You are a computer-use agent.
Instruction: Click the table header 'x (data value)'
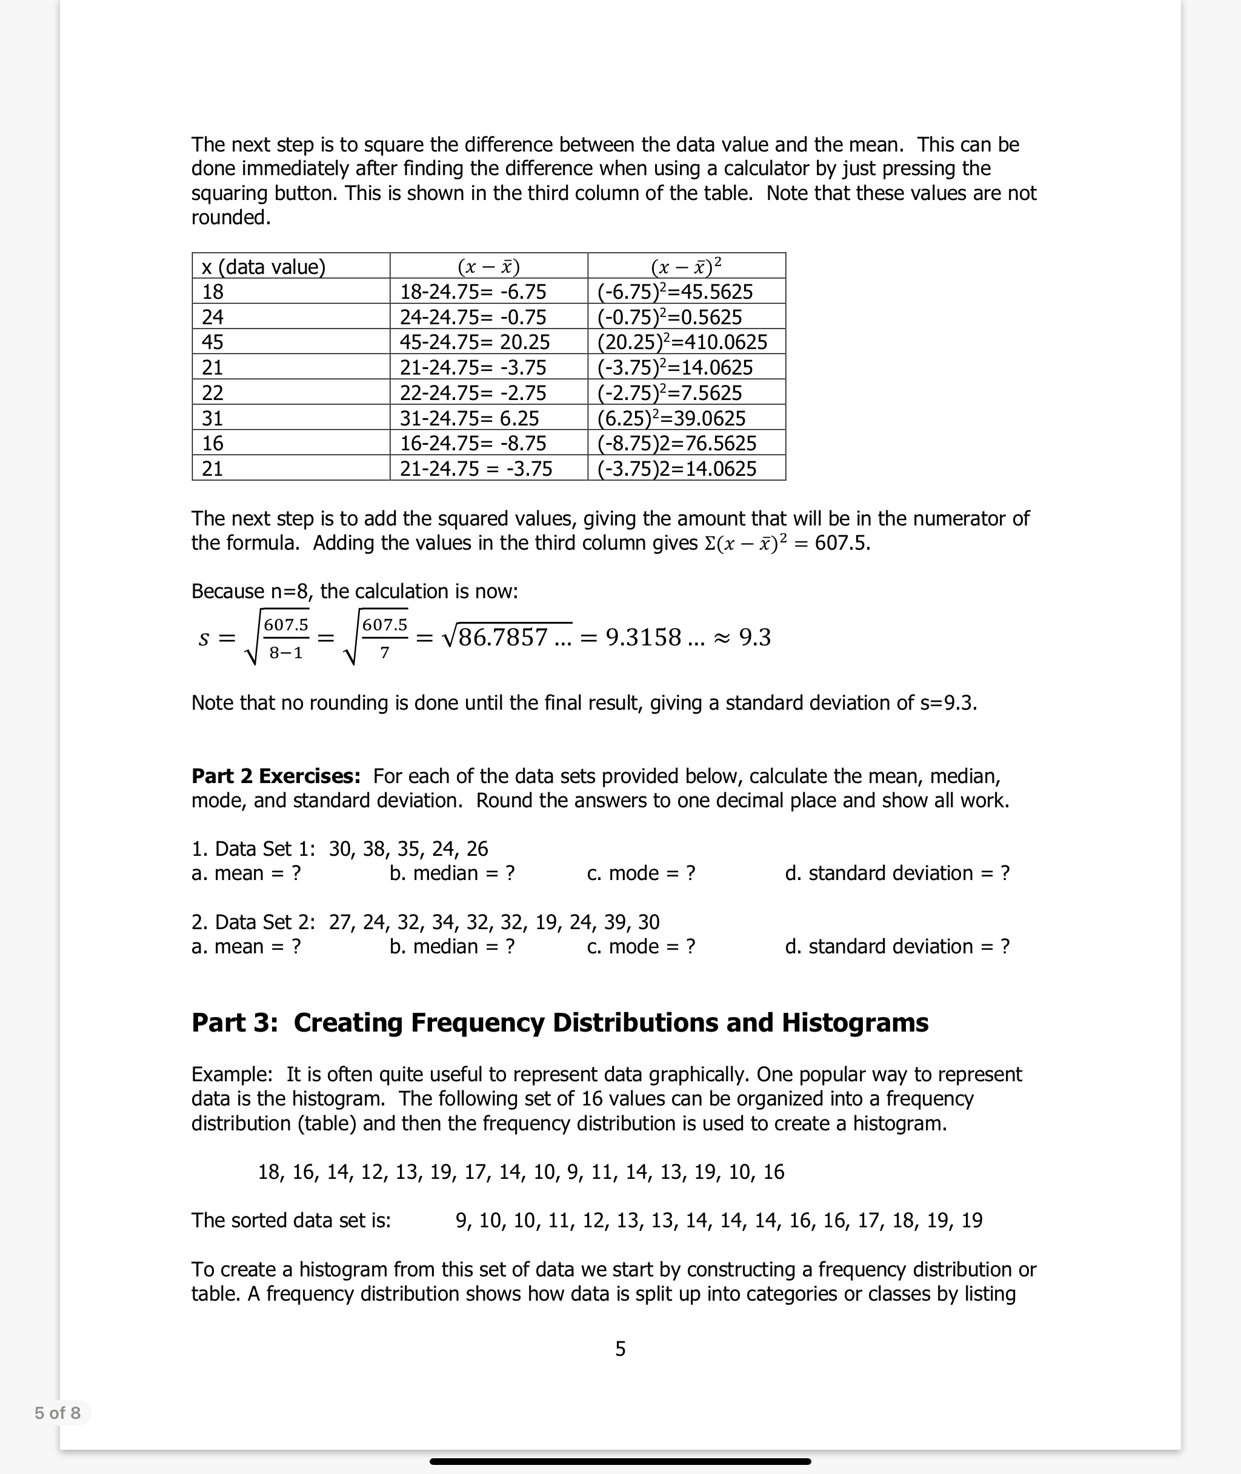(263, 267)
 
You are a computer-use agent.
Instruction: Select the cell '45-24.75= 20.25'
(475, 342)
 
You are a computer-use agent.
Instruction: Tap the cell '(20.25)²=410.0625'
(682, 342)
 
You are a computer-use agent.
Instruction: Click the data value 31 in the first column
(213, 418)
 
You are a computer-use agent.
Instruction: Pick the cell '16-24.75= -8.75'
(473, 443)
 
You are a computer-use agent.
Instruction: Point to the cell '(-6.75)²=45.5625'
(674, 292)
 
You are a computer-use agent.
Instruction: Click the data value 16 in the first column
(213, 443)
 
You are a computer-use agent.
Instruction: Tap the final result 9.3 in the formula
(755, 638)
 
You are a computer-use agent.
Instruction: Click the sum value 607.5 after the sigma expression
(842, 543)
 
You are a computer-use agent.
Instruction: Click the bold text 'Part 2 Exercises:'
(276, 776)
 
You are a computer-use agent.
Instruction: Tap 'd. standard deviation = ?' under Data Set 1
(897, 873)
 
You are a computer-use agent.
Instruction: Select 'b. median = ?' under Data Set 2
(451, 946)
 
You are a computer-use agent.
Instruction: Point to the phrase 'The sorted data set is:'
(290, 1220)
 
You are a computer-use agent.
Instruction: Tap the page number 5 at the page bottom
(620, 1349)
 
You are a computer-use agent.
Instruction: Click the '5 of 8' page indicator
(58, 1413)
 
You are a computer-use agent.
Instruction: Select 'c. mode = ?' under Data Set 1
(641, 873)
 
